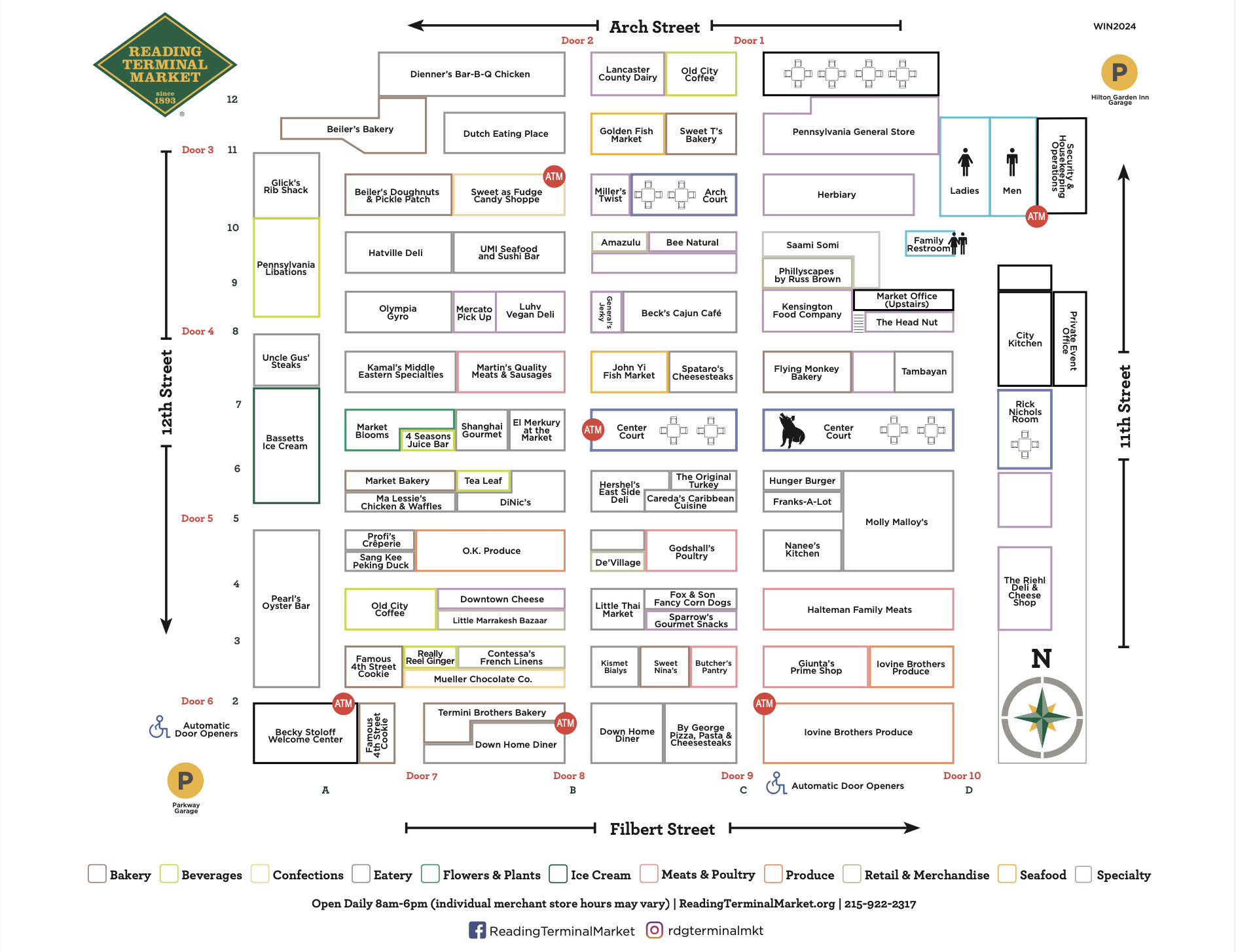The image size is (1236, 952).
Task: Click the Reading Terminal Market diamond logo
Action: pos(165,65)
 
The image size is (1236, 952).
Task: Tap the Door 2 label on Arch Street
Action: pos(577,41)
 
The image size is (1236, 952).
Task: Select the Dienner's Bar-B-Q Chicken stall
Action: pos(471,74)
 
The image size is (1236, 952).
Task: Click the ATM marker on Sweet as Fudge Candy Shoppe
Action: pos(554,176)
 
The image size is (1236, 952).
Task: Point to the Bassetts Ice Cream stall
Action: pos(285,443)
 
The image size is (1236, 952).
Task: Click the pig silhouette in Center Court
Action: pos(791,430)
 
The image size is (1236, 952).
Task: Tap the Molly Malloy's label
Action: pos(896,522)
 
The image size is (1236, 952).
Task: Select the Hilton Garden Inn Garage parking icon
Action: pos(1119,72)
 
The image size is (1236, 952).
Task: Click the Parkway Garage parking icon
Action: pos(185,780)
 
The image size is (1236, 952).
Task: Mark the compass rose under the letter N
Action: pos(1042,718)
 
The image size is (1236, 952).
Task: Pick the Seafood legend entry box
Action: pos(1007,874)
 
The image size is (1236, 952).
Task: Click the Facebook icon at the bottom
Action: pos(477,930)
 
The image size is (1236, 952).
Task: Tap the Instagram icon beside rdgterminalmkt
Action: pos(654,930)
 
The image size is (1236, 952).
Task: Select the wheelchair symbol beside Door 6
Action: pos(159,727)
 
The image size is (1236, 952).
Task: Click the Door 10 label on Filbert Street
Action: pos(961,776)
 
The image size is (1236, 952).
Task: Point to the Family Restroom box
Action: pos(929,244)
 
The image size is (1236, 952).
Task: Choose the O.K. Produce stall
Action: pos(491,551)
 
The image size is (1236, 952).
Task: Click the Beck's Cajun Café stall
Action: pos(681,313)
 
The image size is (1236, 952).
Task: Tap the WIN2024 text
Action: pos(1114,26)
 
